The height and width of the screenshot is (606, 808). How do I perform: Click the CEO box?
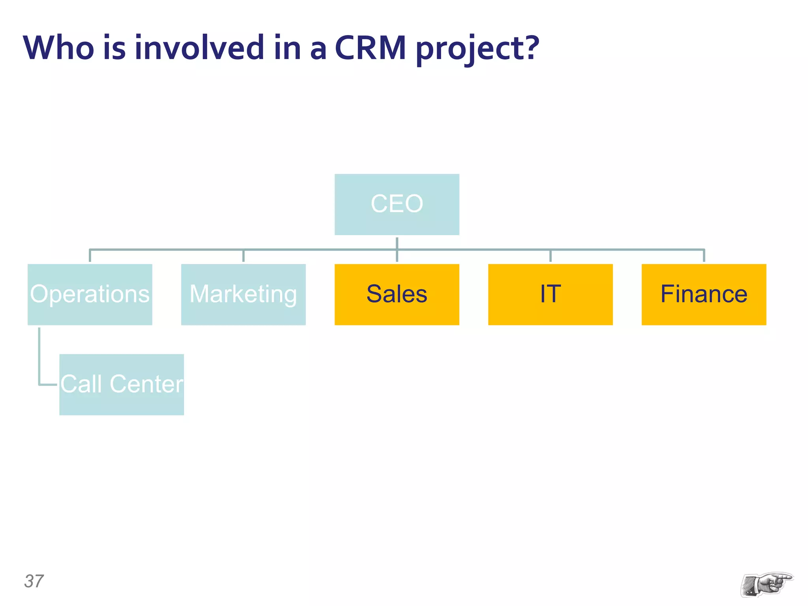click(x=397, y=204)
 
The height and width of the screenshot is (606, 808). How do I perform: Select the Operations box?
click(x=90, y=294)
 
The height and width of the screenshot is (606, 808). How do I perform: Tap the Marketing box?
click(x=243, y=294)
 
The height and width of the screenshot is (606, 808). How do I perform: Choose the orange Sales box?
click(x=397, y=294)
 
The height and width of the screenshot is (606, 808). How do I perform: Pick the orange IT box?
click(x=550, y=294)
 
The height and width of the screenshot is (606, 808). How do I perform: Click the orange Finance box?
click(x=703, y=294)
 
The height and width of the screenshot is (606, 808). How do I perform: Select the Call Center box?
click(x=122, y=384)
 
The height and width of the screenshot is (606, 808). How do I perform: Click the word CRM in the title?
click(x=370, y=48)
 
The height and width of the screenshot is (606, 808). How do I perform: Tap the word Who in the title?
click(x=58, y=48)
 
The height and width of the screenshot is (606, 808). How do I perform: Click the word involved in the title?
click(x=199, y=48)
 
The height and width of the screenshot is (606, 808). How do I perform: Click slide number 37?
click(x=34, y=581)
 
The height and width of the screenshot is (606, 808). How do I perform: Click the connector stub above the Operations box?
click(x=90, y=256)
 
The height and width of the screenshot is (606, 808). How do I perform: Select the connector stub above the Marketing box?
click(x=243, y=256)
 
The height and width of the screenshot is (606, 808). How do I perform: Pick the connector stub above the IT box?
click(x=550, y=256)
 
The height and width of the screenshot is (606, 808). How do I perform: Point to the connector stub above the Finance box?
click(x=704, y=256)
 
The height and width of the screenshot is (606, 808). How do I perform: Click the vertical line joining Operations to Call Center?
click(x=39, y=355)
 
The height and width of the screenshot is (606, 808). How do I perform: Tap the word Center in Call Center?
click(x=146, y=384)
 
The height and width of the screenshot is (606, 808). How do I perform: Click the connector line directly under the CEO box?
click(x=397, y=242)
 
